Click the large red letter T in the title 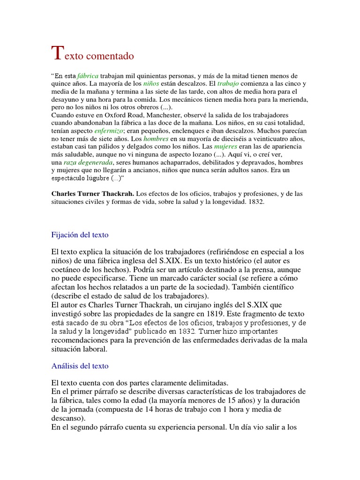56,53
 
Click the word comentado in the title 111,56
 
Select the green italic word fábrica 88,76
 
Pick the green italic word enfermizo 109,131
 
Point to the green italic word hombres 155,139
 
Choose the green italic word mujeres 225,147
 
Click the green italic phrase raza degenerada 86,162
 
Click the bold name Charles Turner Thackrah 92,193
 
